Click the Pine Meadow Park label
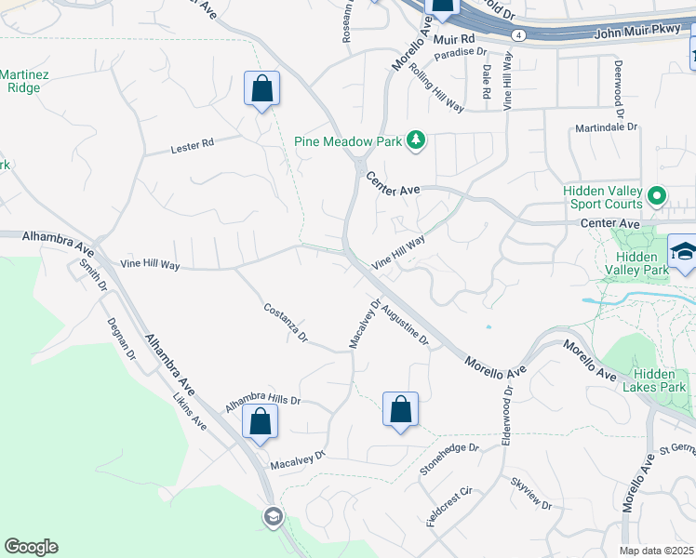tap(347, 141)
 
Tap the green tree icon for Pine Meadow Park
tap(417, 140)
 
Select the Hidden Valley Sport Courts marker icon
tap(657, 195)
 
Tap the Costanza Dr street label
tap(286, 322)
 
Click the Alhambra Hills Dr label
tap(263, 399)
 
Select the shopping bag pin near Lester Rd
tap(262, 90)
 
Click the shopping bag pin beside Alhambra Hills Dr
tap(260, 420)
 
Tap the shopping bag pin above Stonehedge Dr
tap(400, 410)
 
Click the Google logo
tap(31, 547)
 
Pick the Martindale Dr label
tap(607, 126)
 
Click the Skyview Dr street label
tap(531, 493)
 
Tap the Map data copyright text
tap(657, 550)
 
